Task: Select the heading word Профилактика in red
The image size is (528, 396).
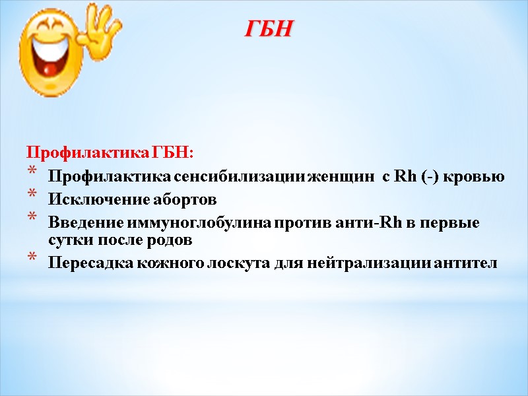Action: [x=88, y=154]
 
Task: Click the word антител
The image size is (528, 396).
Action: [x=465, y=263]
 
